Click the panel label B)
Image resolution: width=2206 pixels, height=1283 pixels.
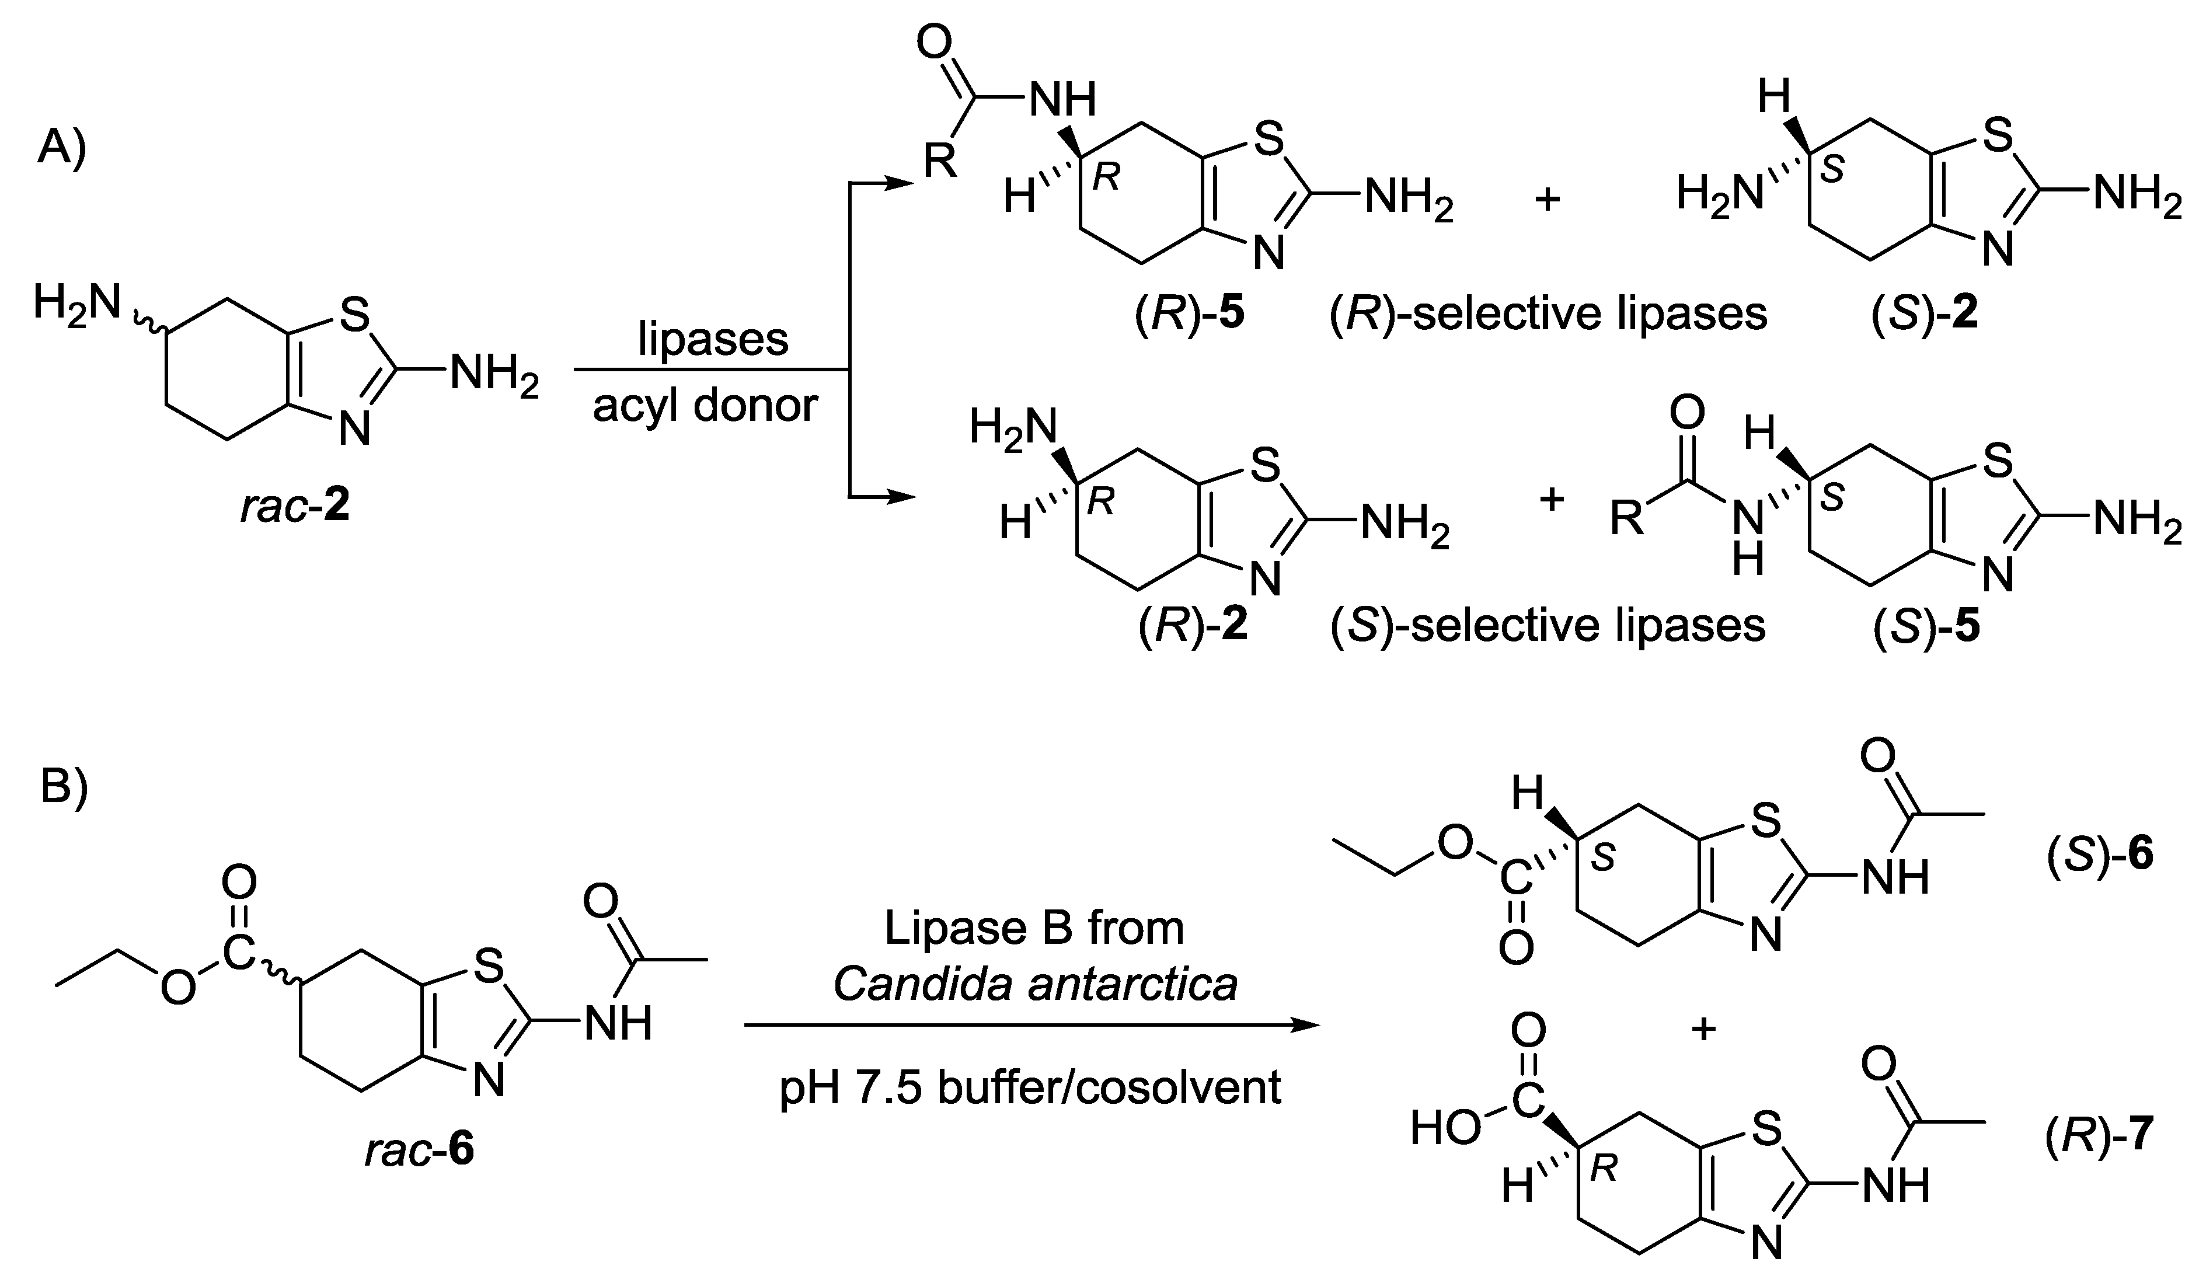[x=64, y=790]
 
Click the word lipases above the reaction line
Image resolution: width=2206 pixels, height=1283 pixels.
[x=713, y=340]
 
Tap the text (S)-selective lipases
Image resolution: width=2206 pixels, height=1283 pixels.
[x=1548, y=627]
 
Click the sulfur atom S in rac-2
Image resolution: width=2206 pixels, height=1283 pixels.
[x=354, y=316]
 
